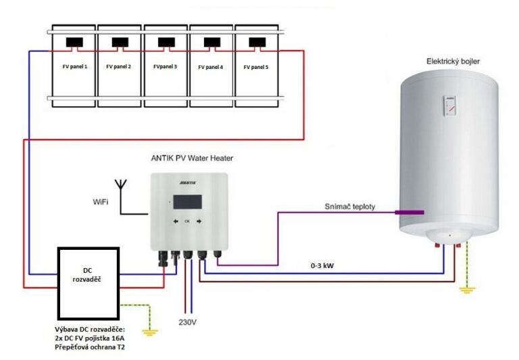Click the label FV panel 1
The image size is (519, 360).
(75, 66)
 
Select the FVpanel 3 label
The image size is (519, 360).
(165, 66)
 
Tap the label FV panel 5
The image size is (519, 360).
(256, 67)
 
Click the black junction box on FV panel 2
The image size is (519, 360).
(120, 43)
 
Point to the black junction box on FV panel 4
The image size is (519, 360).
(212, 43)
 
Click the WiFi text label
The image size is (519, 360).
(101, 202)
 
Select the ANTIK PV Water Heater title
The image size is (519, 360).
(192, 158)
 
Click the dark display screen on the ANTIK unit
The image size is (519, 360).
(187, 202)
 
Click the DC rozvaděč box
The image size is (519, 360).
(89, 283)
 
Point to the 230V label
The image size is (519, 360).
(188, 322)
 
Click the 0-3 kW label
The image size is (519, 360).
(322, 265)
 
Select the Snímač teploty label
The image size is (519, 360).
(350, 207)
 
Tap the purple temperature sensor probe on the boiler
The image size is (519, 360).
(410, 212)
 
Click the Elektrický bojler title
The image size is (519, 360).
(453, 61)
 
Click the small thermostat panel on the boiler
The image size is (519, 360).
(450, 105)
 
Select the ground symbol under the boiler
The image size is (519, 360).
(467, 290)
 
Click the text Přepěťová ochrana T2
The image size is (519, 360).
(90, 347)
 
